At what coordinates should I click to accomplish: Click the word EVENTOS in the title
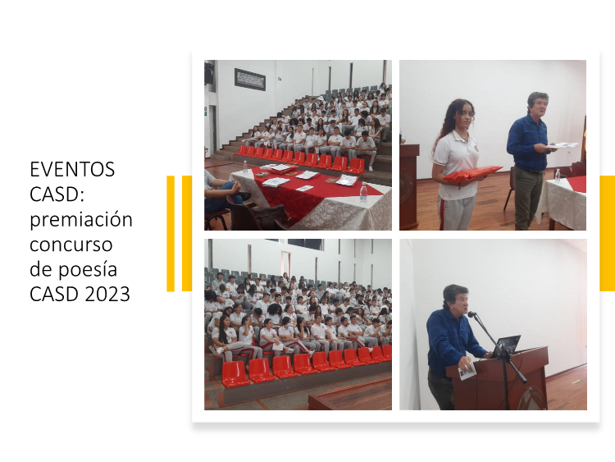point(72,170)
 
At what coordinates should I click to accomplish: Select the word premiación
point(81,220)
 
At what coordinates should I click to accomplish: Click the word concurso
point(71,245)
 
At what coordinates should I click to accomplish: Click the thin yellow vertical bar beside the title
point(171,234)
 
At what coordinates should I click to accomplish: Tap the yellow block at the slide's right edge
point(607,233)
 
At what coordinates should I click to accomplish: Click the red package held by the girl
point(472,173)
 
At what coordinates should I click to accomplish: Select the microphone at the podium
point(471,314)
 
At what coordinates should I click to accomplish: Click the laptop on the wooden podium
point(507,345)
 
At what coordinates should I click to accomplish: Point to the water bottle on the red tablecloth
point(363,193)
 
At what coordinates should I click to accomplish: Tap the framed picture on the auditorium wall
point(250,80)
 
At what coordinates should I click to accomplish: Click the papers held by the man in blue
point(562,145)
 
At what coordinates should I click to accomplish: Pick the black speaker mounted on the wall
point(209,73)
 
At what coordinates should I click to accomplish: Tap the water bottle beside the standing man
point(558,176)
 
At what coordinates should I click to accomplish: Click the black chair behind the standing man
point(510,189)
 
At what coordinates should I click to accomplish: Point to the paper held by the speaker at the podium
point(467,372)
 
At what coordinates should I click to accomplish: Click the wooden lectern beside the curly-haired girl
point(409,187)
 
